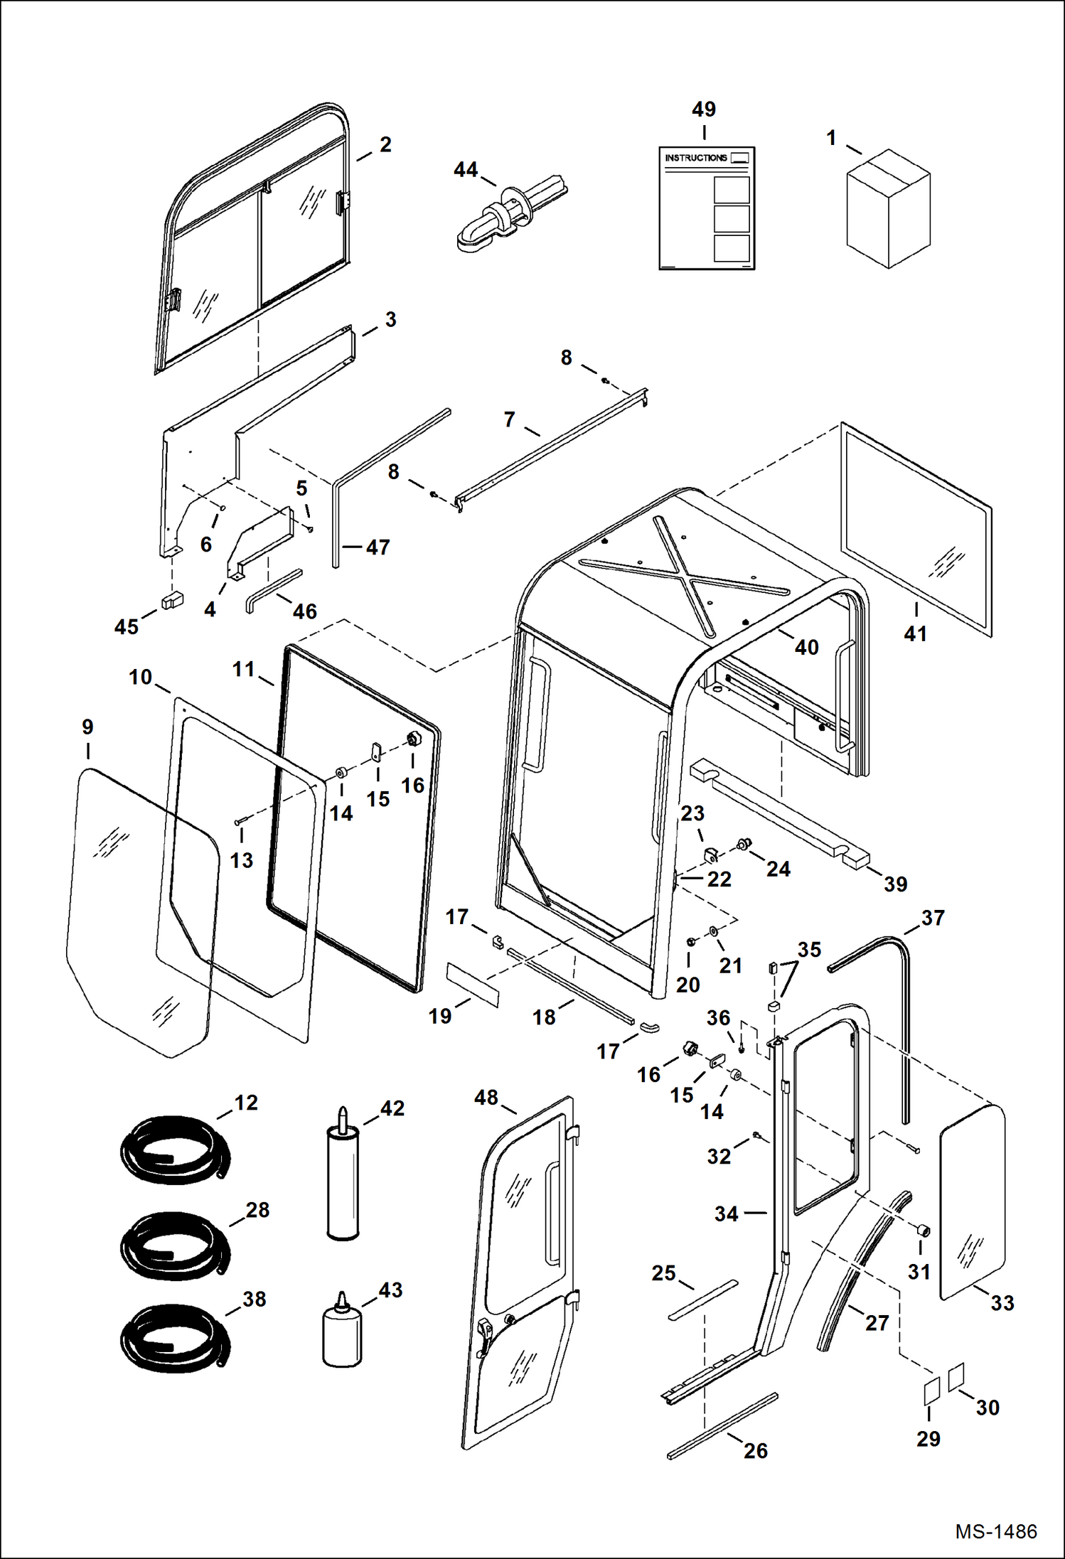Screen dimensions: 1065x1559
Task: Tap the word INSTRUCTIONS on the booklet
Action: pyautogui.click(x=696, y=158)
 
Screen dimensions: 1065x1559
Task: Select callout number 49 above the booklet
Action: pyautogui.click(x=704, y=109)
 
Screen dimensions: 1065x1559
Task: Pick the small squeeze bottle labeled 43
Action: pyautogui.click(x=342, y=1329)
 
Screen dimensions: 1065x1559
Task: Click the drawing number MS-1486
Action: pyautogui.click(x=995, y=1531)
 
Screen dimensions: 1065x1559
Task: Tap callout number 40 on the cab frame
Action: pyautogui.click(x=806, y=647)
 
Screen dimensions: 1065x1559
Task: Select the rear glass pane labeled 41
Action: pyautogui.click(x=916, y=530)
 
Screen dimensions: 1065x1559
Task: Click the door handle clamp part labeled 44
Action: pyautogui.click(x=512, y=213)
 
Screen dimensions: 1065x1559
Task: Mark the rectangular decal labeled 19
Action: pyautogui.click(x=473, y=985)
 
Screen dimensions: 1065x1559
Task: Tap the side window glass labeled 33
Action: pyautogui.click(x=973, y=1201)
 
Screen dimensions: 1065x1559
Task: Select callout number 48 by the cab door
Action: pyautogui.click(x=486, y=1098)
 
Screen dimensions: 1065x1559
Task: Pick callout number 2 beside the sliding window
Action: pyautogui.click(x=385, y=144)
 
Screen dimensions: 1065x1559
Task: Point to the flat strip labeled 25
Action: pyautogui.click(x=703, y=1301)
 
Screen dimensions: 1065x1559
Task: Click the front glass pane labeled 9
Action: pyautogui.click(x=142, y=914)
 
